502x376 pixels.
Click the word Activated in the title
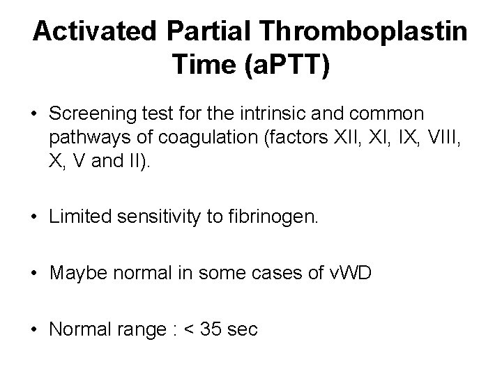pos(96,31)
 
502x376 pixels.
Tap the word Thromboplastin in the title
pos(363,31)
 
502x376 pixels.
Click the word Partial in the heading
pos(209,31)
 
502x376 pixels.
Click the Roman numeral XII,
pos(344,136)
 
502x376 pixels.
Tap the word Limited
pos(79,218)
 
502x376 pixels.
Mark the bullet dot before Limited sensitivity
pos(35,219)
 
